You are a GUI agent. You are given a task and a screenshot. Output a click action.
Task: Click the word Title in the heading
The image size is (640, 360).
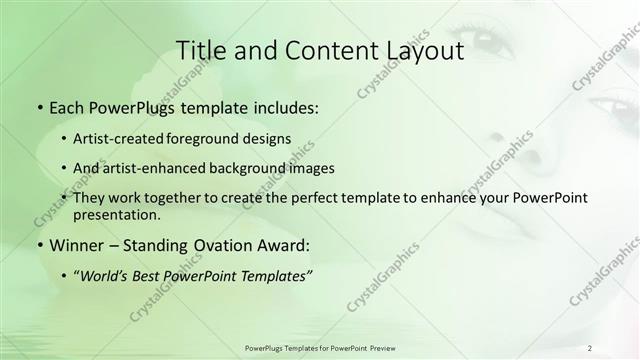[x=198, y=50]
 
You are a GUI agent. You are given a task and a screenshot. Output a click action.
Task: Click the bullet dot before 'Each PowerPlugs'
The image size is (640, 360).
[x=38, y=105]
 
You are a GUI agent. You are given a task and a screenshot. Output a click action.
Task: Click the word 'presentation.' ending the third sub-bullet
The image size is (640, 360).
[x=116, y=215]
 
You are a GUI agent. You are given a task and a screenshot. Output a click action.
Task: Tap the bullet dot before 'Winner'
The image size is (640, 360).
[x=38, y=245]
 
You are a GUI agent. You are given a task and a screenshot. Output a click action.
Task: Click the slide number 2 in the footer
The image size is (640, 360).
[x=590, y=347]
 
